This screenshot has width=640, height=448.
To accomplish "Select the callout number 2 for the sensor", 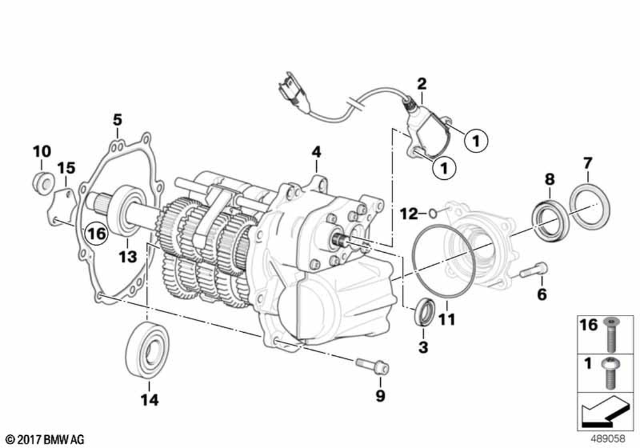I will tap(421, 83).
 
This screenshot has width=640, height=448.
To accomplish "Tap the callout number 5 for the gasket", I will tap(116, 120).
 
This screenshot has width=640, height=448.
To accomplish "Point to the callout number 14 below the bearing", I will tap(148, 401).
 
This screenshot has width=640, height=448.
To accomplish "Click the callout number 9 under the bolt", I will tap(381, 396).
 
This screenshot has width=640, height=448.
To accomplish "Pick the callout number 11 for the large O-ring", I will tap(446, 318).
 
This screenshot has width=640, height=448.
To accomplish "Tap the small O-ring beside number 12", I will tap(433, 212).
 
